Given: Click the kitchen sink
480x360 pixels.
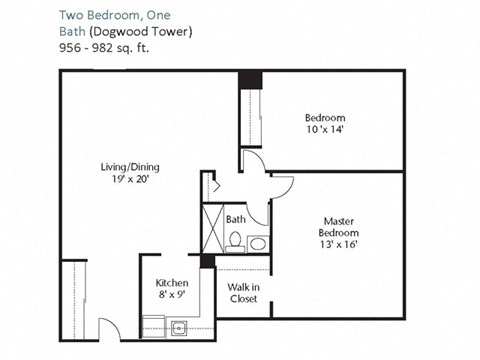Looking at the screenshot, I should coord(177,326).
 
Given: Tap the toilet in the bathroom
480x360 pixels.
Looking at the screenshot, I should coord(235,241).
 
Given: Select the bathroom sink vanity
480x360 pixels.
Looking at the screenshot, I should coord(257,243).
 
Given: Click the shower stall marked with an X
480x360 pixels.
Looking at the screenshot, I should coord(213,228).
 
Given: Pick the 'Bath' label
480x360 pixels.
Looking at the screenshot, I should coord(236,219).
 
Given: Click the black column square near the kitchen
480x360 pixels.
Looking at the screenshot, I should coord(207,262).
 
